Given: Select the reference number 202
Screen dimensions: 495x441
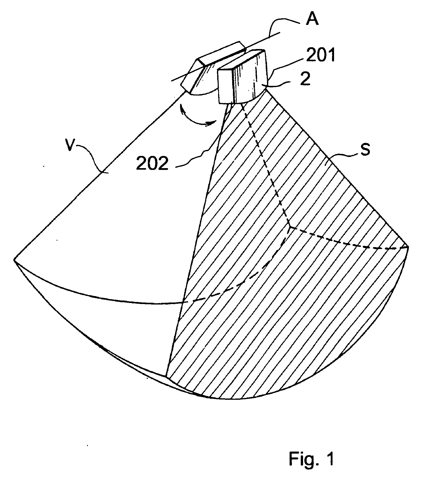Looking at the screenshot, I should click(x=152, y=163).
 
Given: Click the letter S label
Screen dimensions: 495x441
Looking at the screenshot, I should click(x=365, y=150).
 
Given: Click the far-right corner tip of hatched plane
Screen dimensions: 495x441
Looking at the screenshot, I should click(x=408, y=246).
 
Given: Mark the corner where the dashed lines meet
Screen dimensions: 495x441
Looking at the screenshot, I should click(x=290, y=227).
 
